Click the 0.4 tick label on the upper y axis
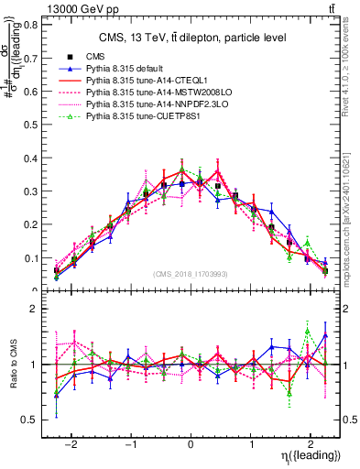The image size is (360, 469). [x=33, y=158]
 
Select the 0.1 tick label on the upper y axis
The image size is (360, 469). [x=33, y=258]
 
